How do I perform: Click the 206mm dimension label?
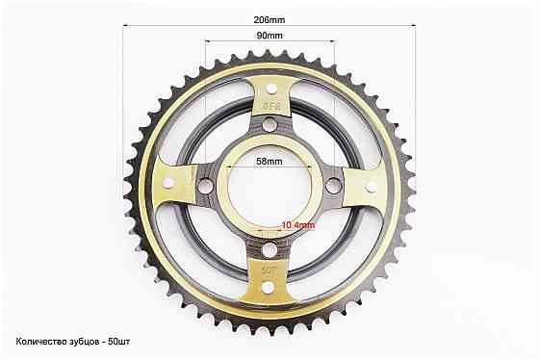269,19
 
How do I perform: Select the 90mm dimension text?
269,35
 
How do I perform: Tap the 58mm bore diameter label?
269,163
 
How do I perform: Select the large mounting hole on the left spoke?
205,183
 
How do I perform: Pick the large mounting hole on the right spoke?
333,183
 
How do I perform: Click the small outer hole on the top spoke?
269,82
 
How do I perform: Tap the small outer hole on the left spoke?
167,183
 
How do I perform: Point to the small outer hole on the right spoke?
371,183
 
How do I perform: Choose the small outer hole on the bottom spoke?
269,285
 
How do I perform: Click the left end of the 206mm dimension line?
124,26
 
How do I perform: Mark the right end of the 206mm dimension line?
415,26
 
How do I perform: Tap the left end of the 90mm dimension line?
206,41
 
